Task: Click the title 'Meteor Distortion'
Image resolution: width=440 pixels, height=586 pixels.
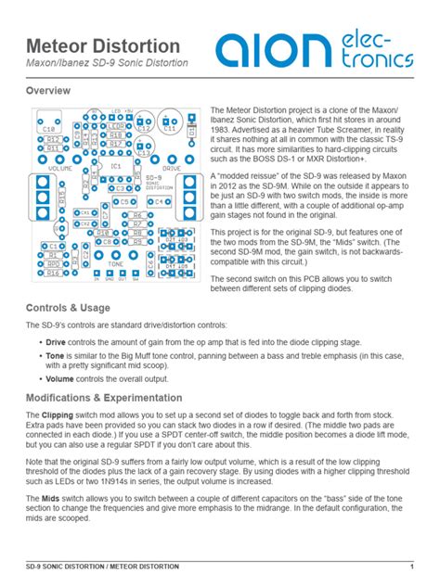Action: (103, 45)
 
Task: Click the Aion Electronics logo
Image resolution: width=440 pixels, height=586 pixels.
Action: (316, 50)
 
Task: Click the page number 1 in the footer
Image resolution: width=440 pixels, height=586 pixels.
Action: (411, 566)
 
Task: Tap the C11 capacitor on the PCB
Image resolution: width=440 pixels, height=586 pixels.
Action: (170, 125)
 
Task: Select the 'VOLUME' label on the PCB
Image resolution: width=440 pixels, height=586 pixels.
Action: (60, 169)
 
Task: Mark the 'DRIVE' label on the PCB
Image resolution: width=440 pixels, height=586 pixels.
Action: (172, 169)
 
